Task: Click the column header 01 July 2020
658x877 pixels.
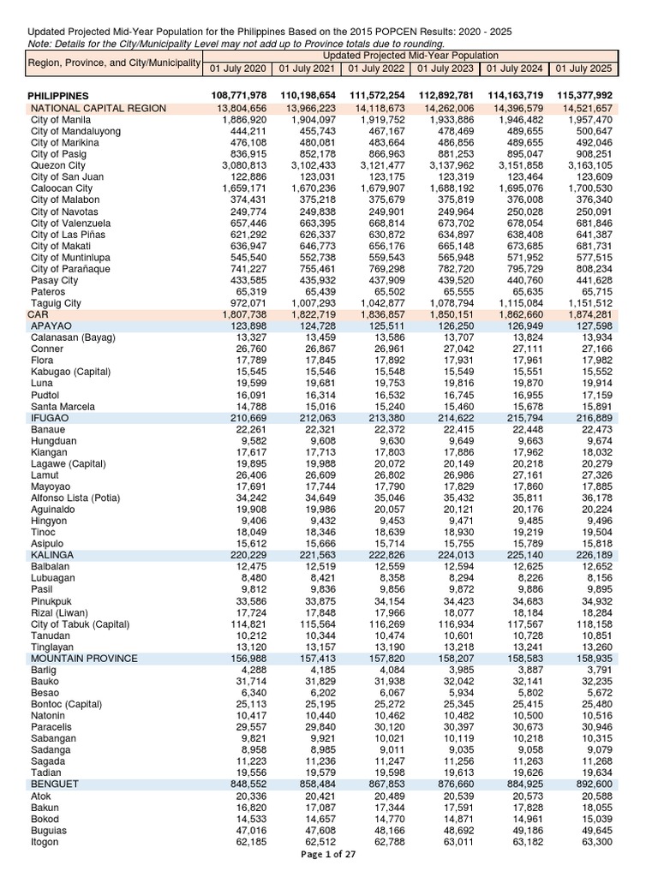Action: tap(237, 69)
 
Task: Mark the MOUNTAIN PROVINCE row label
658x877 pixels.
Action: tap(84, 659)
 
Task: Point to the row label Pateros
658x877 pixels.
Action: tap(48, 291)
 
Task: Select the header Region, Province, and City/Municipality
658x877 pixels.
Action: tap(112, 63)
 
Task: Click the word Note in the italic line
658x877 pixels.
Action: tap(39, 44)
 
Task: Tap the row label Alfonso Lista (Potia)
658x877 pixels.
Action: tap(75, 498)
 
